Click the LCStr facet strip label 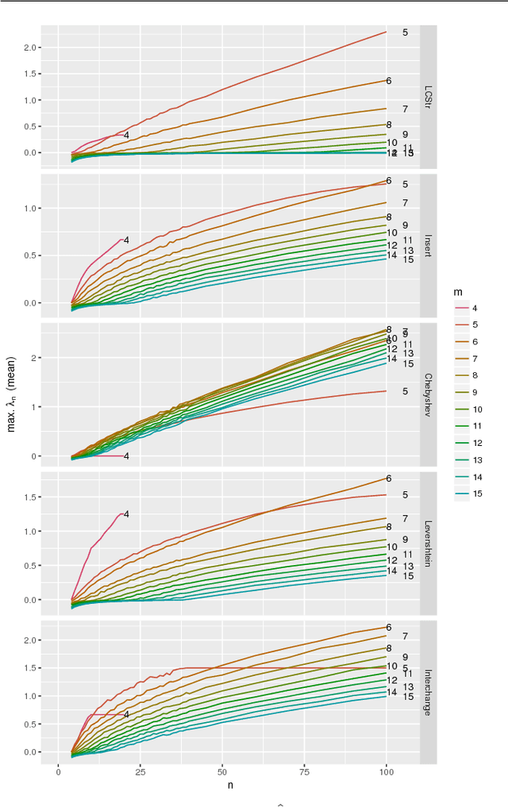[429, 97]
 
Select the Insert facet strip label [429, 245]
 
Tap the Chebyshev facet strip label [429, 394]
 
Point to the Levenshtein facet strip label [429, 543]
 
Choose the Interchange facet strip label [429, 692]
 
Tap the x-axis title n [230, 785]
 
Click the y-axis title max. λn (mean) [11, 394]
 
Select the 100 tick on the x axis [386, 771]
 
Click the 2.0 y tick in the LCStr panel [31, 48]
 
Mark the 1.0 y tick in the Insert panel [31, 208]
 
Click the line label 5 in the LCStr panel [405, 33]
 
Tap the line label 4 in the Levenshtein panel [125, 514]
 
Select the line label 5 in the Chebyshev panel [405, 391]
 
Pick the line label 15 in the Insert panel [408, 259]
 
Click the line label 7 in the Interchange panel [405, 636]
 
